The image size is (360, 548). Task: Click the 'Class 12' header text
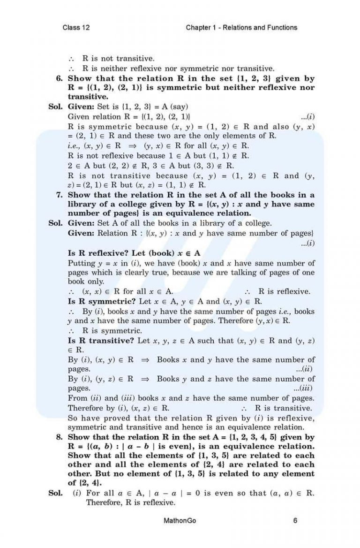[x=76, y=28]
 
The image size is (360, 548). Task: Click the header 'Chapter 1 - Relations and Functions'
[x=241, y=28]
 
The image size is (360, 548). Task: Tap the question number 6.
[x=59, y=78]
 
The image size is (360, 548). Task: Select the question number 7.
[x=59, y=195]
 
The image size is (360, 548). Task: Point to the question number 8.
[x=59, y=437]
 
